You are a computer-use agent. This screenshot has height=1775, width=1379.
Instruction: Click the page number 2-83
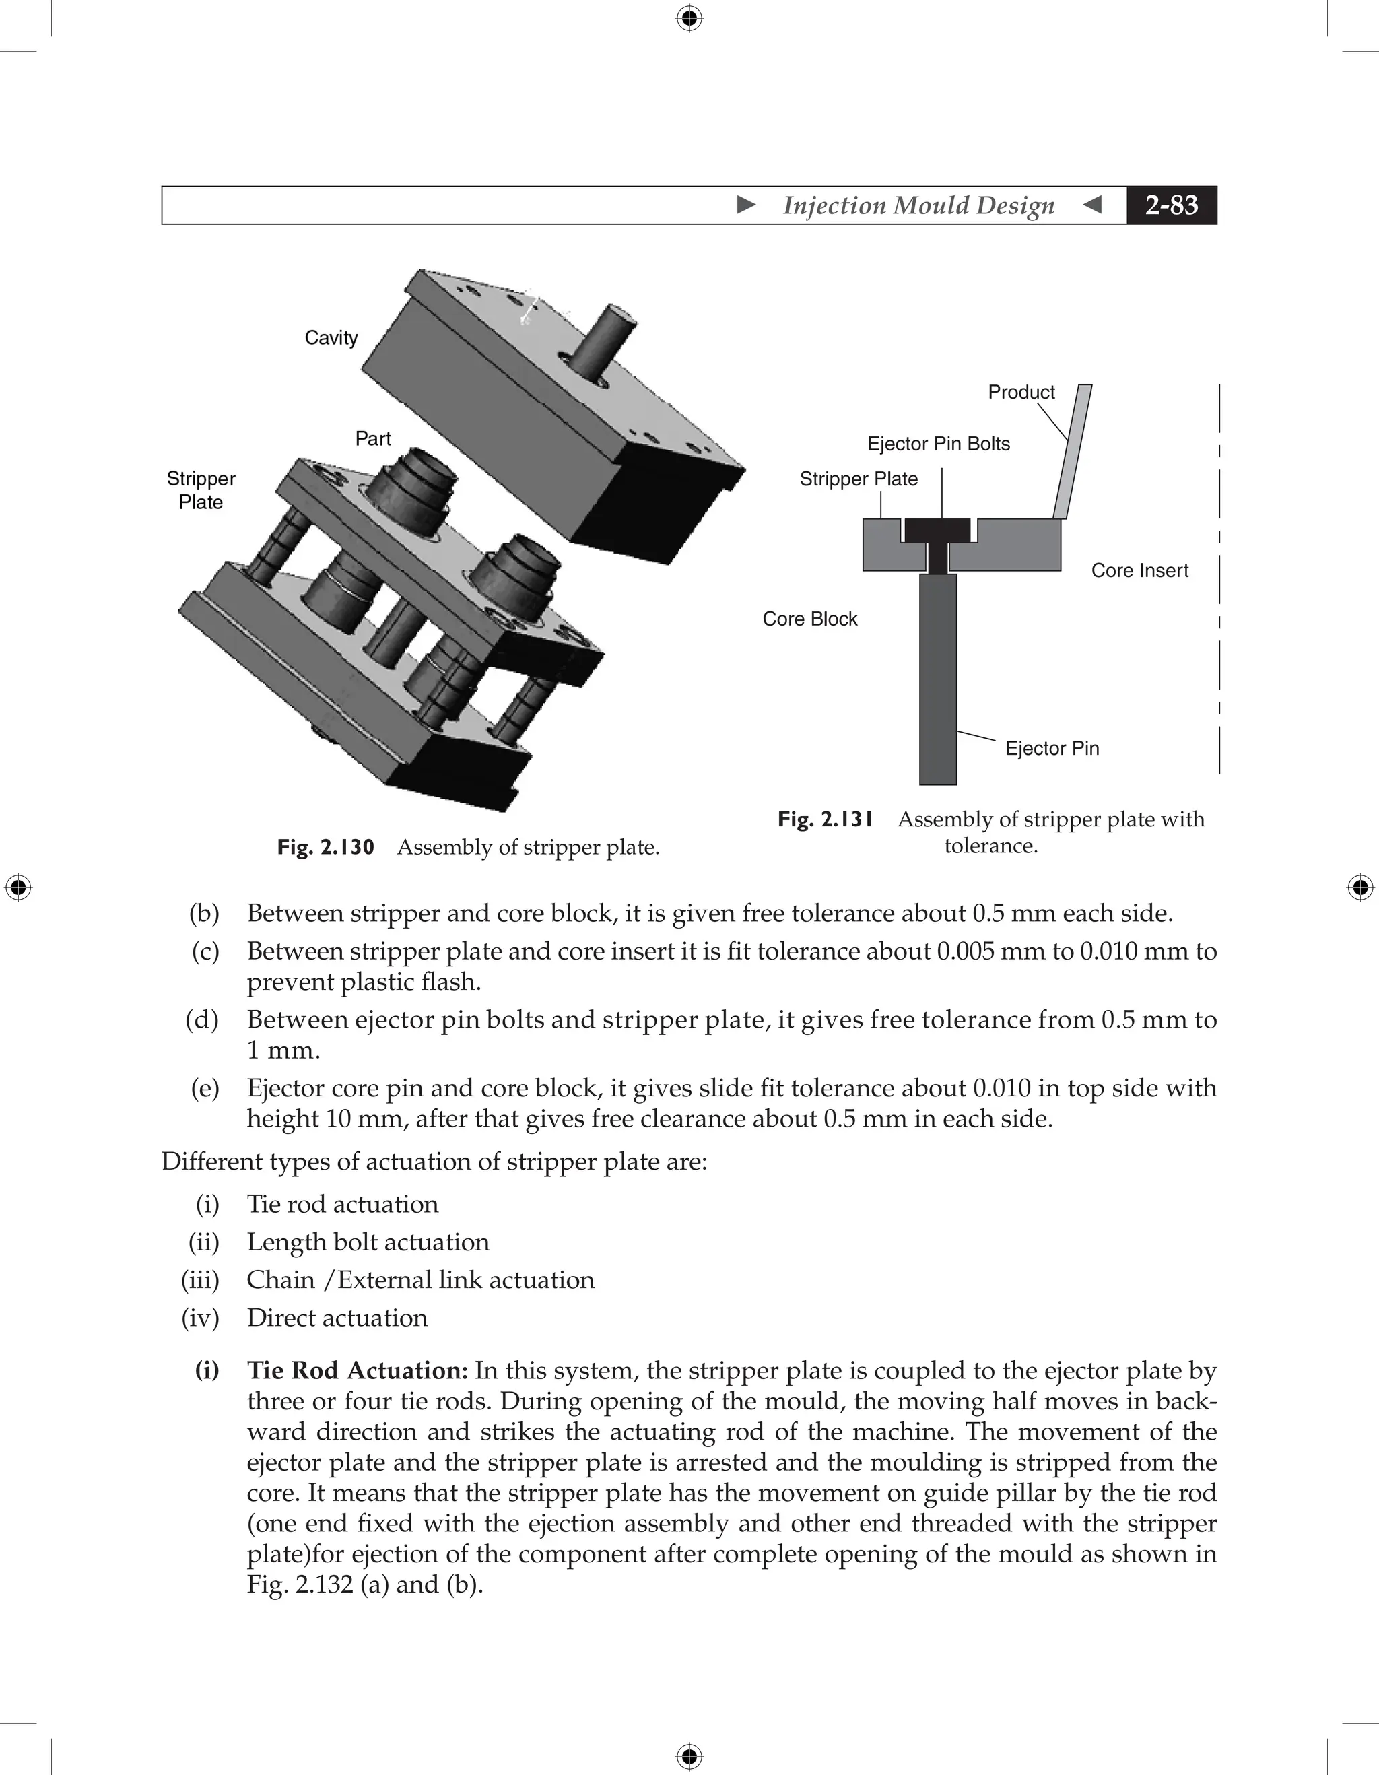coord(1171,205)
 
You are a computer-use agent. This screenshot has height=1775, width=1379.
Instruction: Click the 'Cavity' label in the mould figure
coord(331,337)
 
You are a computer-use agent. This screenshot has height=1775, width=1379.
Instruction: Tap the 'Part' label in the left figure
coord(373,439)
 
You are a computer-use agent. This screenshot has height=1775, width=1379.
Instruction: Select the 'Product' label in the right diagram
coord(1021,392)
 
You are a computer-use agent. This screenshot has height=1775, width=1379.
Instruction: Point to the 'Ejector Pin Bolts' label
coord(938,444)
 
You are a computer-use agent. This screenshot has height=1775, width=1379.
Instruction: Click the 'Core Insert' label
coord(1139,570)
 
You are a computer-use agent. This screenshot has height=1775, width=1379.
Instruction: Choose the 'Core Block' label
coord(809,619)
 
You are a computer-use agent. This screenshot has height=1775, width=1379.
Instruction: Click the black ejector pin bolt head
coord(938,531)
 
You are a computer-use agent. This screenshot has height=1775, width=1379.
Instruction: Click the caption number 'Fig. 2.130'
coord(325,848)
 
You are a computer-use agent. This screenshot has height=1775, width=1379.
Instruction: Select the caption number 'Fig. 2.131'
coord(825,819)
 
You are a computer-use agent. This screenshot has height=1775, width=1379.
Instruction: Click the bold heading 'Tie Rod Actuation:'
coord(358,1371)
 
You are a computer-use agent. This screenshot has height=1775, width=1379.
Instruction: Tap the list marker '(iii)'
coord(200,1280)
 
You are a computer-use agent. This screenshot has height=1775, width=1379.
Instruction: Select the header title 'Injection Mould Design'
coord(918,205)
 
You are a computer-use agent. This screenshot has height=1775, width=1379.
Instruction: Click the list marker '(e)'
coord(205,1088)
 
